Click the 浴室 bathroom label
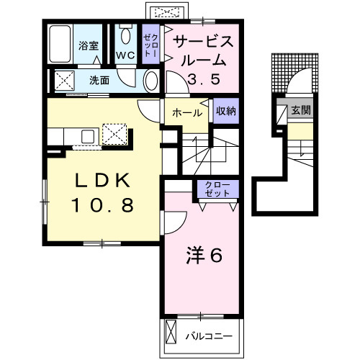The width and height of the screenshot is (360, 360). tap(89, 45)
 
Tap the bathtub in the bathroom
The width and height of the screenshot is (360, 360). tap(60, 44)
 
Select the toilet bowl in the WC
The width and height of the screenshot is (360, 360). tap(126, 35)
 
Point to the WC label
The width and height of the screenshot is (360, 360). tap(125, 55)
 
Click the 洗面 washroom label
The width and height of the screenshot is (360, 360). tap(99, 81)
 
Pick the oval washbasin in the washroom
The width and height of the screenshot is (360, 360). tap(152, 81)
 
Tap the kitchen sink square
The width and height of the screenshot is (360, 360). tap(89, 136)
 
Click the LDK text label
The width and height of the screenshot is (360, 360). tap(103, 181)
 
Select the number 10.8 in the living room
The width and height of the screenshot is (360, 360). tap(103, 205)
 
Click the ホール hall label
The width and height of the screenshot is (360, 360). tap(187, 113)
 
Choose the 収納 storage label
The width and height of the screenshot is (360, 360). tap(226, 111)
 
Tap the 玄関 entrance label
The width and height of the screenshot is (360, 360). tap(301, 110)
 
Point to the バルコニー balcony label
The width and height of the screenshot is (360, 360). tap(209, 336)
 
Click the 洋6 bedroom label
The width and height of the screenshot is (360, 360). tap(204, 255)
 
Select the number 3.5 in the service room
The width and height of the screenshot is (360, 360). tap(204, 79)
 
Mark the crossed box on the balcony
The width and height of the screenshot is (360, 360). tap(171, 332)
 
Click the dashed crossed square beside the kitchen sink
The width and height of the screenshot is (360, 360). tap(114, 134)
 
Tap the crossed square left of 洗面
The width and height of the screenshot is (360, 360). tap(64, 81)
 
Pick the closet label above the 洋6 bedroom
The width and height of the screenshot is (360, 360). tap(217, 189)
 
